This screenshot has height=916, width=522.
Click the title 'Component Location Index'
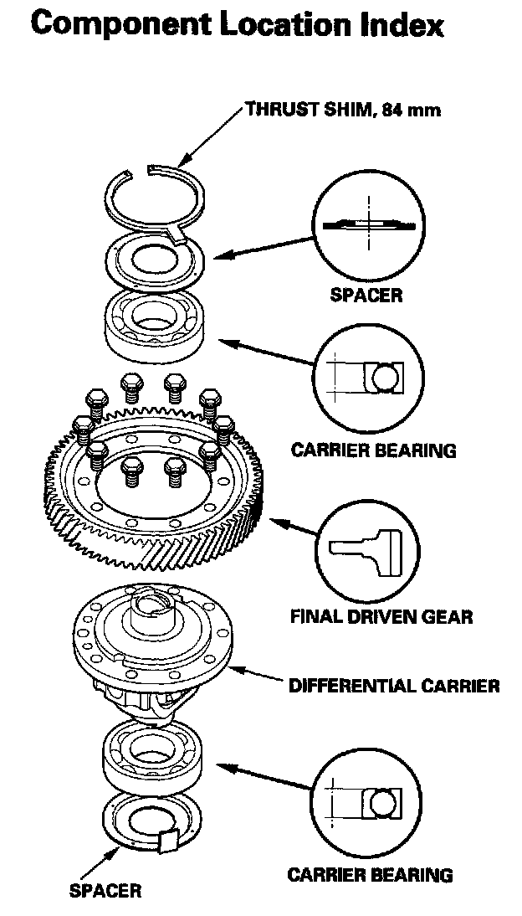click(x=236, y=25)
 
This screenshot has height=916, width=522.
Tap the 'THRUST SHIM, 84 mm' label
click(x=342, y=110)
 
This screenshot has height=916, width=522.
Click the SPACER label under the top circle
click(x=366, y=295)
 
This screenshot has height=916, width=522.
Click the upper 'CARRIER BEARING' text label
click(x=373, y=450)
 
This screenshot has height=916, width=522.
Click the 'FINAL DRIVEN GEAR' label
click(x=381, y=617)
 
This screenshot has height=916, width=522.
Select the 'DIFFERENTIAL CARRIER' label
click(x=393, y=687)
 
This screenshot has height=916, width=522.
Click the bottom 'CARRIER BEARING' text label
click(x=370, y=876)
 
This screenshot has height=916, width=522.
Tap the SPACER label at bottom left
click(x=105, y=891)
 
